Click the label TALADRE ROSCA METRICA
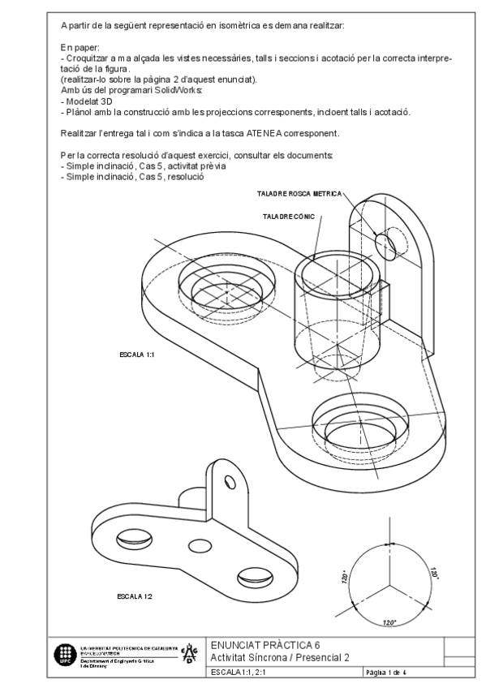(x=299, y=194)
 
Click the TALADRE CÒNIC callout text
(x=289, y=217)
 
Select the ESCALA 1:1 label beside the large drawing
(x=137, y=355)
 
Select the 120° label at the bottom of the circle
(x=389, y=622)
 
